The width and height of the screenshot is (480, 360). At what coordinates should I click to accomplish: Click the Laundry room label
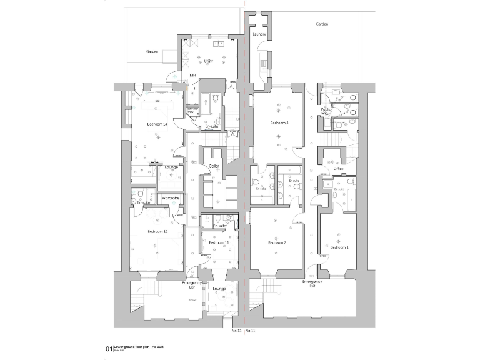click(x=261, y=34)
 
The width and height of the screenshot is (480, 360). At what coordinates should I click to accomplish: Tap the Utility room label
click(x=209, y=61)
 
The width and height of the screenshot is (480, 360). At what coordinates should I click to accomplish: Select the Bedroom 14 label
click(x=157, y=124)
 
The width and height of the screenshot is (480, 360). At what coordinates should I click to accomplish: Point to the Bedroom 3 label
click(x=279, y=123)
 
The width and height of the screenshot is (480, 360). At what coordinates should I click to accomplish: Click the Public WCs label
click(x=326, y=111)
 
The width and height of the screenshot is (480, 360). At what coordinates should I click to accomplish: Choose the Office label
click(x=338, y=169)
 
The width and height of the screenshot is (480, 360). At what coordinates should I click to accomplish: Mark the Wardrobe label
click(x=171, y=198)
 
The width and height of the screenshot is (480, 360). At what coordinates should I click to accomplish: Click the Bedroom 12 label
click(x=157, y=232)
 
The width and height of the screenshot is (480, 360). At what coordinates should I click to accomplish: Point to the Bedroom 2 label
click(x=277, y=242)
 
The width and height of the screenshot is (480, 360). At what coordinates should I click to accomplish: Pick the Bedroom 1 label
click(x=339, y=247)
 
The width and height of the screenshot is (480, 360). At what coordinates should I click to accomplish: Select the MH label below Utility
click(x=192, y=76)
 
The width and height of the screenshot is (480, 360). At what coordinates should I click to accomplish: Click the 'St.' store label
click(x=195, y=89)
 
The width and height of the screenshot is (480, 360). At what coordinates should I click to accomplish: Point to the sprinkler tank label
click(x=193, y=110)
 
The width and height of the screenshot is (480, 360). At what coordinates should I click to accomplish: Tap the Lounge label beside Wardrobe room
click(x=171, y=167)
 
